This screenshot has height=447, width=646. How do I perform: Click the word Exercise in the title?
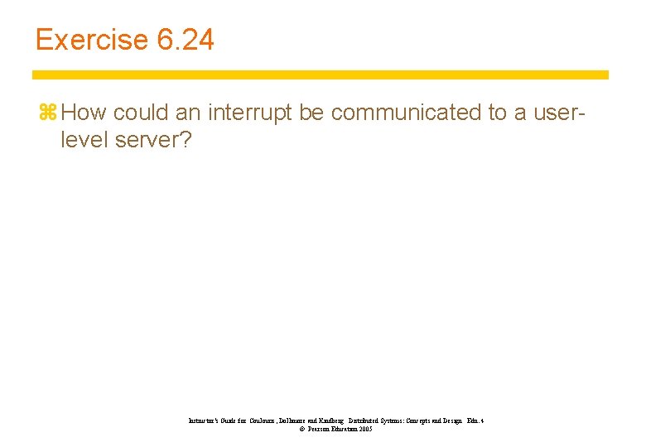point(89,40)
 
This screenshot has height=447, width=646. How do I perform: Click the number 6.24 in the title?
point(185,40)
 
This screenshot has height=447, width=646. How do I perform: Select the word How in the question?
point(84,113)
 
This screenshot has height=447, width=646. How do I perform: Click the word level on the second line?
point(84,140)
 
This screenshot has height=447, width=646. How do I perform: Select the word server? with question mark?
point(154,140)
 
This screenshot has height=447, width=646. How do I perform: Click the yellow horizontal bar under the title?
point(321,74)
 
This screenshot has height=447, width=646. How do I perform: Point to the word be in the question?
point(311,113)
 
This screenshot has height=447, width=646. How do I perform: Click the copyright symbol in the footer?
point(302,430)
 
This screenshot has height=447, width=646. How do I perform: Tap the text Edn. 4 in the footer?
point(475,421)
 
